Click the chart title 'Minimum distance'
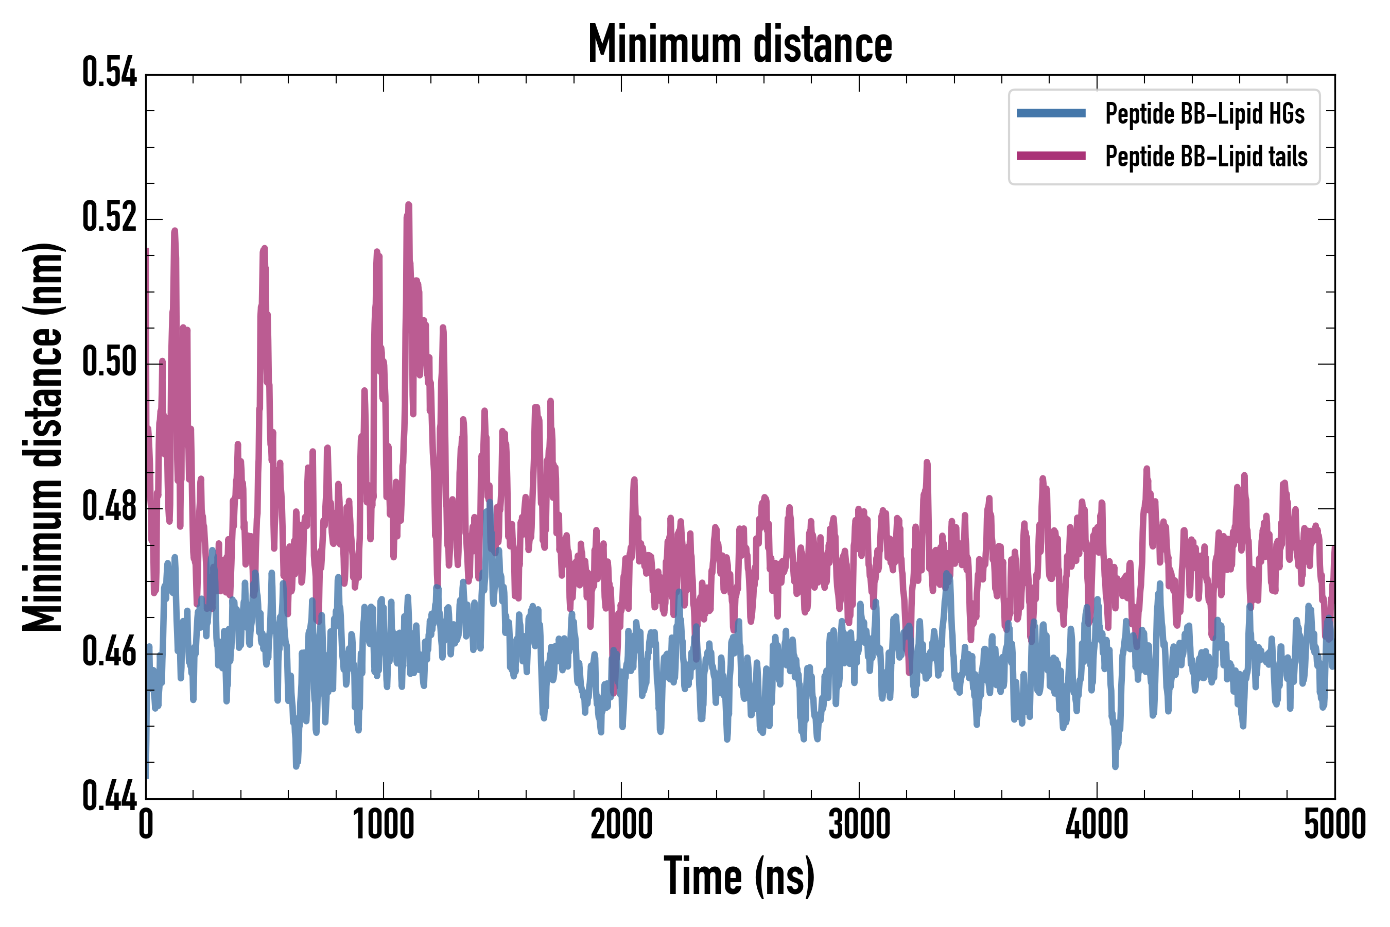pyautogui.click(x=739, y=44)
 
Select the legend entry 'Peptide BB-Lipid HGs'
pyautogui.click(x=1205, y=113)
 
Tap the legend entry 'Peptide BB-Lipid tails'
pyautogui.click(x=1206, y=157)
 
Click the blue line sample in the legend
pyautogui.click(x=1051, y=113)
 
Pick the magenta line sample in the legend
pyautogui.click(x=1051, y=156)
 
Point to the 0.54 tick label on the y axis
pyautogui.click(x=109, y=73)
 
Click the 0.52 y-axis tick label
pyautogui.click(x=109, y=217)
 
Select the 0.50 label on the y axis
pyautogui.click(x=109, y=362)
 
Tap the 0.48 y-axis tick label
pyautogui.click(x=109, y=507)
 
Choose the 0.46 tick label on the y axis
pyautogui.click(x=109, y=651)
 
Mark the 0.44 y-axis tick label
pyautogui.click(x=109, y=796)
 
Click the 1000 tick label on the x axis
pyautogui.click(x=384, y=825)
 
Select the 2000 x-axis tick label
pyautogui.click(x=621, y=825)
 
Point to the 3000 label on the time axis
pyautogui.click(x=859, y=825)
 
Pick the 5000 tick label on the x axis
pyautogui.click(x=1334, y=825)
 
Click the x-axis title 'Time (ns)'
pyautogui.click(x=739, y=877)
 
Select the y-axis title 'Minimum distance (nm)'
pyautogui.click(x=43, y=437)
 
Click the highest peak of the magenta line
pyautogui.click(x=408, y=204)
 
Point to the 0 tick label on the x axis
pyautogui.click(x=146, y=825)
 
